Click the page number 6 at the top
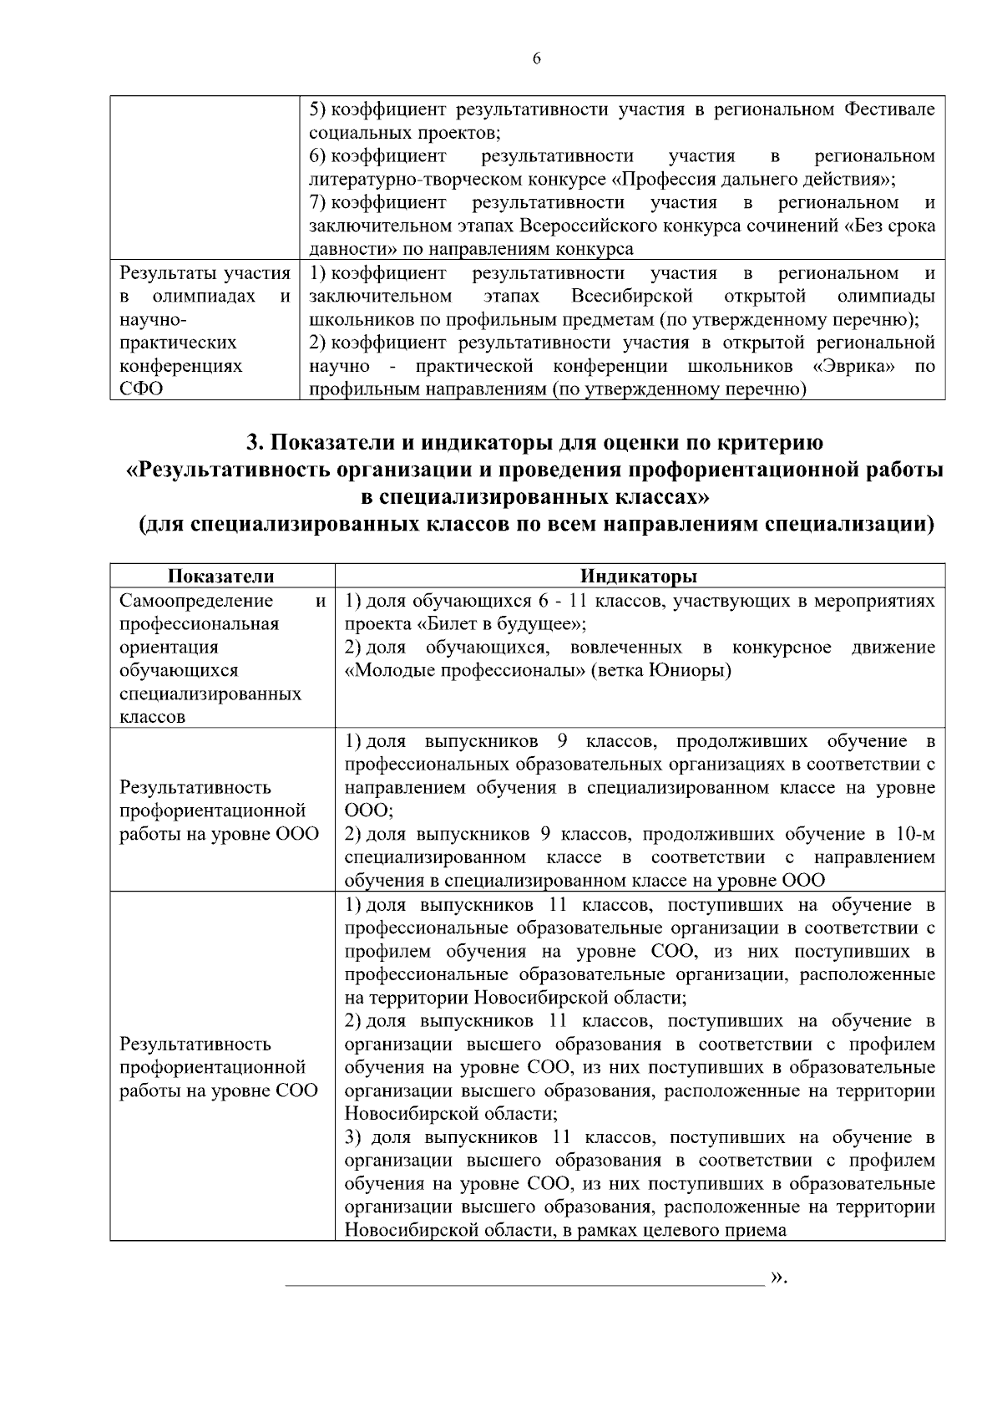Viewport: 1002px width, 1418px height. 536,58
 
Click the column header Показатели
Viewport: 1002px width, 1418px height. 221,577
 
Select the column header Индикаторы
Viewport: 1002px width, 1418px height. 640,577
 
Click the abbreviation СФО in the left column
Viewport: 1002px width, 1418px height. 142,389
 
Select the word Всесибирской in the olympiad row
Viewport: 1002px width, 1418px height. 633,297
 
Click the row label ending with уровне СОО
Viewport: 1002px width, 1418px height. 219,1067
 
